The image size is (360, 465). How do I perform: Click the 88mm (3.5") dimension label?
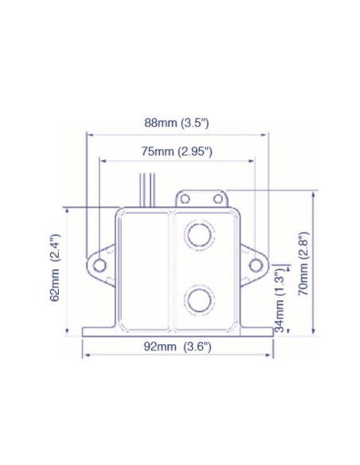177,123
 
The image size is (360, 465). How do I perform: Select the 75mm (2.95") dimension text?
177,150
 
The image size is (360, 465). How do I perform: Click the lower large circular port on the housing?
199,299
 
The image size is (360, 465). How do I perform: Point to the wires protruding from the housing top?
146,190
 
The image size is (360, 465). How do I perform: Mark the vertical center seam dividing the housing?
173,271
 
